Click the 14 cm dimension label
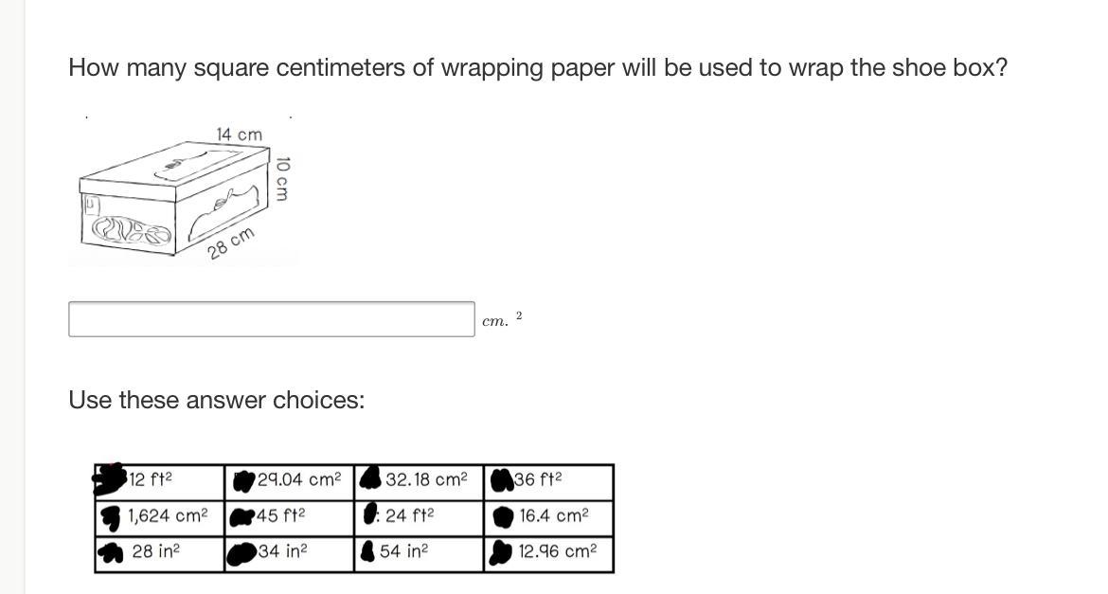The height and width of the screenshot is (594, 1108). [239, 135]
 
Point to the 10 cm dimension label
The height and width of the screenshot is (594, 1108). [282, 179]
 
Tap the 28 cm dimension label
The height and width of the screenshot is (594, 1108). [230, 244]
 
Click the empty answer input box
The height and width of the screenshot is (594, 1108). [272, 319]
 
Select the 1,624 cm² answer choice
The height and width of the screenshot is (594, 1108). [160, 518]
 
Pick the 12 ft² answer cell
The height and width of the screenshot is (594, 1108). [160, 482]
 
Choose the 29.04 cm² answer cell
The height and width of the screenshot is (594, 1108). [289, 482]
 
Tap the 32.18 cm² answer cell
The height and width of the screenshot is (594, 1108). [419, 482]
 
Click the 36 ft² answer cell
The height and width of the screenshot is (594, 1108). [548, 482]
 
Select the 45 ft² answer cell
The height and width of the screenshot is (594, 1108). [289, 518]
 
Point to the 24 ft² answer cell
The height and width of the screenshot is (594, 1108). [419, 518]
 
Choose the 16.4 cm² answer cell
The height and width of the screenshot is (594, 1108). [548, 518]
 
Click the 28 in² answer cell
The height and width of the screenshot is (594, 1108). [160, 553]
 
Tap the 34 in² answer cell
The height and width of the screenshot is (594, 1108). [289, 553]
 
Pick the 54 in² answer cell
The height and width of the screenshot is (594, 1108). [419, 553]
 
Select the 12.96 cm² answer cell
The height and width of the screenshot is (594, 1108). [548, 553]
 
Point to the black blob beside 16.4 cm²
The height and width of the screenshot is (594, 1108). [503, 517]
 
